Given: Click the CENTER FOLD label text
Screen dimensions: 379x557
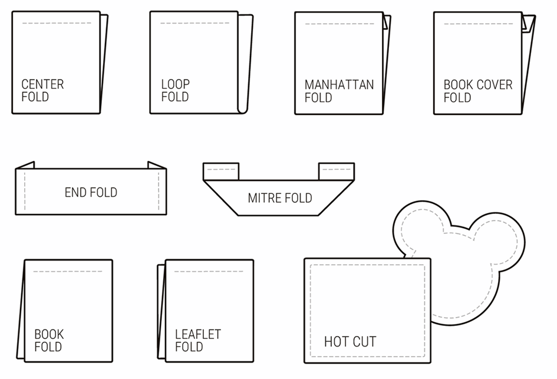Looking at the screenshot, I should pos(42,91).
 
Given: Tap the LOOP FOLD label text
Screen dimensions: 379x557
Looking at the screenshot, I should pos(175,91).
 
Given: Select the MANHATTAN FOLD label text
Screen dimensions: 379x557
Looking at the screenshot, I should pos(339,91).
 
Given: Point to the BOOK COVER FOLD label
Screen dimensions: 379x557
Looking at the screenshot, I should pos(478,91).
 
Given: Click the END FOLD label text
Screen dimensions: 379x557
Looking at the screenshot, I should pos(91,192).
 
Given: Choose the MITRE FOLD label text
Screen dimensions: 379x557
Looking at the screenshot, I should pos(279,198).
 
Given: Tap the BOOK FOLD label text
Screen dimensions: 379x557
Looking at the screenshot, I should pos(48,341).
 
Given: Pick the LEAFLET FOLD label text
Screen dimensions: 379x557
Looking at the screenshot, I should pos(197,341).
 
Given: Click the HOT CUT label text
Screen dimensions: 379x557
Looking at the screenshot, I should pos(350,341).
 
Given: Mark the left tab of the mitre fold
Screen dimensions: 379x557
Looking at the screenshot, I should pos(221,171).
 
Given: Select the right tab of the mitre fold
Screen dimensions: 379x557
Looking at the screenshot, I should pos(337,171).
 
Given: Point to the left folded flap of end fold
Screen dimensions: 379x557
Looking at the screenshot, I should pos(25,165).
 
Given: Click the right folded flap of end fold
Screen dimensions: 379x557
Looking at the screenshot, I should pos(157,165).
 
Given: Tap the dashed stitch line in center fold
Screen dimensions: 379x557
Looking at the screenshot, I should pos(57,24).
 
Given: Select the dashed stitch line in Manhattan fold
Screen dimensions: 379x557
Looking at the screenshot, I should pos(339,24).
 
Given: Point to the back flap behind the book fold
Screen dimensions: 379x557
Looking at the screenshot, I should pos(22,312).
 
